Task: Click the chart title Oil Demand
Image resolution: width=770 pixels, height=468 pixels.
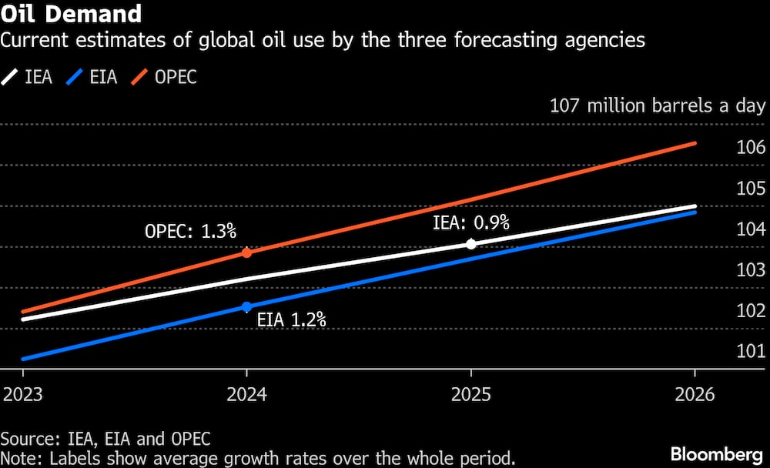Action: (71, 14)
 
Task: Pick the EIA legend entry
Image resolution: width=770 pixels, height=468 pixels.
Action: (92, 77)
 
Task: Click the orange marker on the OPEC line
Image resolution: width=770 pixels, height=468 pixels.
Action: (246, 252)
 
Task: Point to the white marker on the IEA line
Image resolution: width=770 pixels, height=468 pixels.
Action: (471, 243)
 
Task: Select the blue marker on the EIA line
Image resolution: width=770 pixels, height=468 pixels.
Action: (246, 306)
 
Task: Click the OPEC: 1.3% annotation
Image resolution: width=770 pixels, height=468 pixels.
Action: (190, 231)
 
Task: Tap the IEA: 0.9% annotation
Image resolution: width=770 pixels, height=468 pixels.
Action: (470, 223)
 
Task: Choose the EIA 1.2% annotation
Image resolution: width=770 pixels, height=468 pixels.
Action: (292, 319)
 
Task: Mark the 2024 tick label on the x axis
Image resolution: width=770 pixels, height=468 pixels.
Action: (246, 395)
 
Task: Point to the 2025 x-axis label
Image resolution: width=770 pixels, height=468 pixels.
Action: (471, 395)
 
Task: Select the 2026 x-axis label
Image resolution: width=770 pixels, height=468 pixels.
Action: (695, 395)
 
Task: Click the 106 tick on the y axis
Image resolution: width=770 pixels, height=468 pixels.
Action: (750, 148)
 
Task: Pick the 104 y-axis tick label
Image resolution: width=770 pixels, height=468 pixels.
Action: (750, 229)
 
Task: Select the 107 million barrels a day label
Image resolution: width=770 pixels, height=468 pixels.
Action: (658, 105)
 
